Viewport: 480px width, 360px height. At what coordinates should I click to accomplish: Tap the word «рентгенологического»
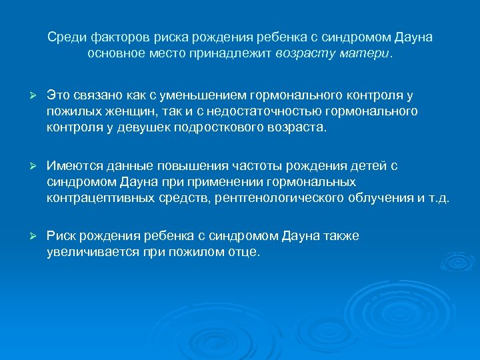[x=284, y=197]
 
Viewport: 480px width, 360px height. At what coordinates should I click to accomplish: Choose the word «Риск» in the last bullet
[x=60, y=236]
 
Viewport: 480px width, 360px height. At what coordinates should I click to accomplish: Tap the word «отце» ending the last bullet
[x=243, y=253]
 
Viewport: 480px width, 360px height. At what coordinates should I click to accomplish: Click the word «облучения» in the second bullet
[x=383, y=197]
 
